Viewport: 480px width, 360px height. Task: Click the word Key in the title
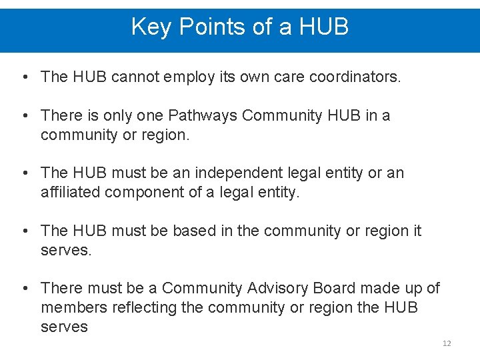[x=150, y=27]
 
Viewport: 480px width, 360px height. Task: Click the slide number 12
[x=447, y=343]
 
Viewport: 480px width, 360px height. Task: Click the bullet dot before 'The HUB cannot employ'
[x=24, y=77]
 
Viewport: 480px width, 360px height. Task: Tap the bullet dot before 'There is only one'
[x=24, y=116]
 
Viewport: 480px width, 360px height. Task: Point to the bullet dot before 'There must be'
[x=24, y=288]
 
